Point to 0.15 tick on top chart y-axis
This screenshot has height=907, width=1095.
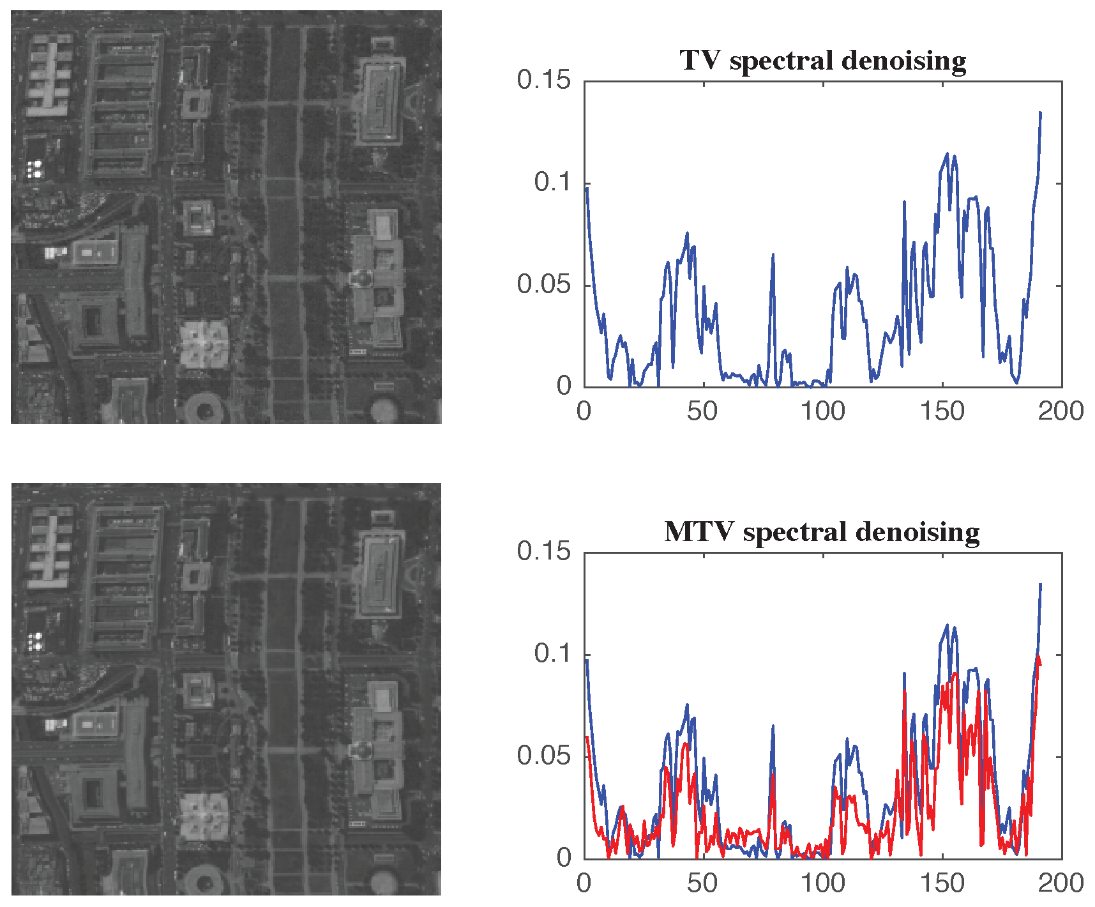[x=543, y=80]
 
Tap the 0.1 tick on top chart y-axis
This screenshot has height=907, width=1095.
[x=552, y=183]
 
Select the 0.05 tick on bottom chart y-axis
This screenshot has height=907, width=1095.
[x=543, y=756]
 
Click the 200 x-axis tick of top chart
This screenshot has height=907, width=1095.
[x=1061, y=411]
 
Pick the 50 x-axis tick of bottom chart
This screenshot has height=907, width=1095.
[x=702, y=883]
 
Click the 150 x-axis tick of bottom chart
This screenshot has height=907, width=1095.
[x=942, y=883]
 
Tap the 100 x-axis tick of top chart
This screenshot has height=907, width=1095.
[x=822, y=411]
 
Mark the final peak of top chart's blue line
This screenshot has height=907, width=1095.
[x=1040, y=113]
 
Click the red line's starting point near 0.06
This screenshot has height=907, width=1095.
[x=587, y=736]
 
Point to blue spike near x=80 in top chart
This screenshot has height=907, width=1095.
[x=773, y=255]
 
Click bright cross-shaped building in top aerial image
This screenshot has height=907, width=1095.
[x=205, y=344]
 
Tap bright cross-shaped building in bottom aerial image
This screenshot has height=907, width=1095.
[x=205, y=816]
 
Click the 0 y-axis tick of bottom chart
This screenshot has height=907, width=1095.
[x=564, y=858]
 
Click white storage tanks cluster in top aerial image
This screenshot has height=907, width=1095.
[x=33, y=169]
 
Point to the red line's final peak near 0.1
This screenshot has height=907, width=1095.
[x=1039, y=657]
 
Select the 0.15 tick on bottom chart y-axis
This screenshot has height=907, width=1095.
[x=543, y=552]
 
